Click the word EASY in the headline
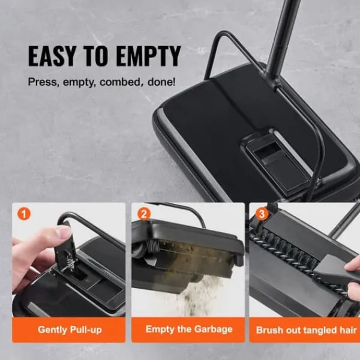(52, 56)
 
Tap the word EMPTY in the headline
(148, 56)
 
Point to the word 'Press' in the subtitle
(42, 82)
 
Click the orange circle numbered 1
(23, 214)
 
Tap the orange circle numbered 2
(144, 214)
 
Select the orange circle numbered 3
(262, 214)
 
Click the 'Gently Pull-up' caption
(70, 329)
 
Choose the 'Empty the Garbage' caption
(189, 329)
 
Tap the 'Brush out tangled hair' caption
(306, 330)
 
